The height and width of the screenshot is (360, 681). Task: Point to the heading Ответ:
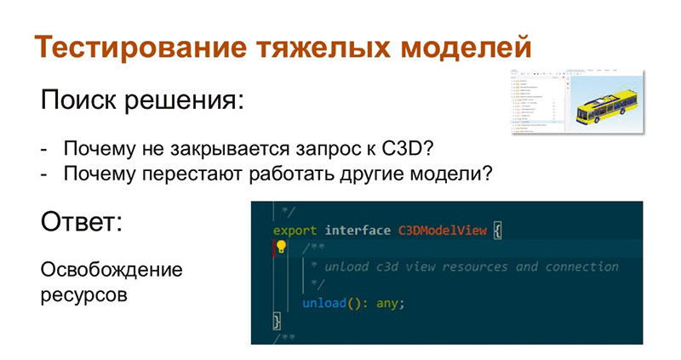tap(82, 224)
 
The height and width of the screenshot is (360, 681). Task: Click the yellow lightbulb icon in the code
tap(282, 248)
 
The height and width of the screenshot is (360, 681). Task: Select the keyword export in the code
tap(295, 230)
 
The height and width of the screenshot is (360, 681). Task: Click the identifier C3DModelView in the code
tap(444, 230)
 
